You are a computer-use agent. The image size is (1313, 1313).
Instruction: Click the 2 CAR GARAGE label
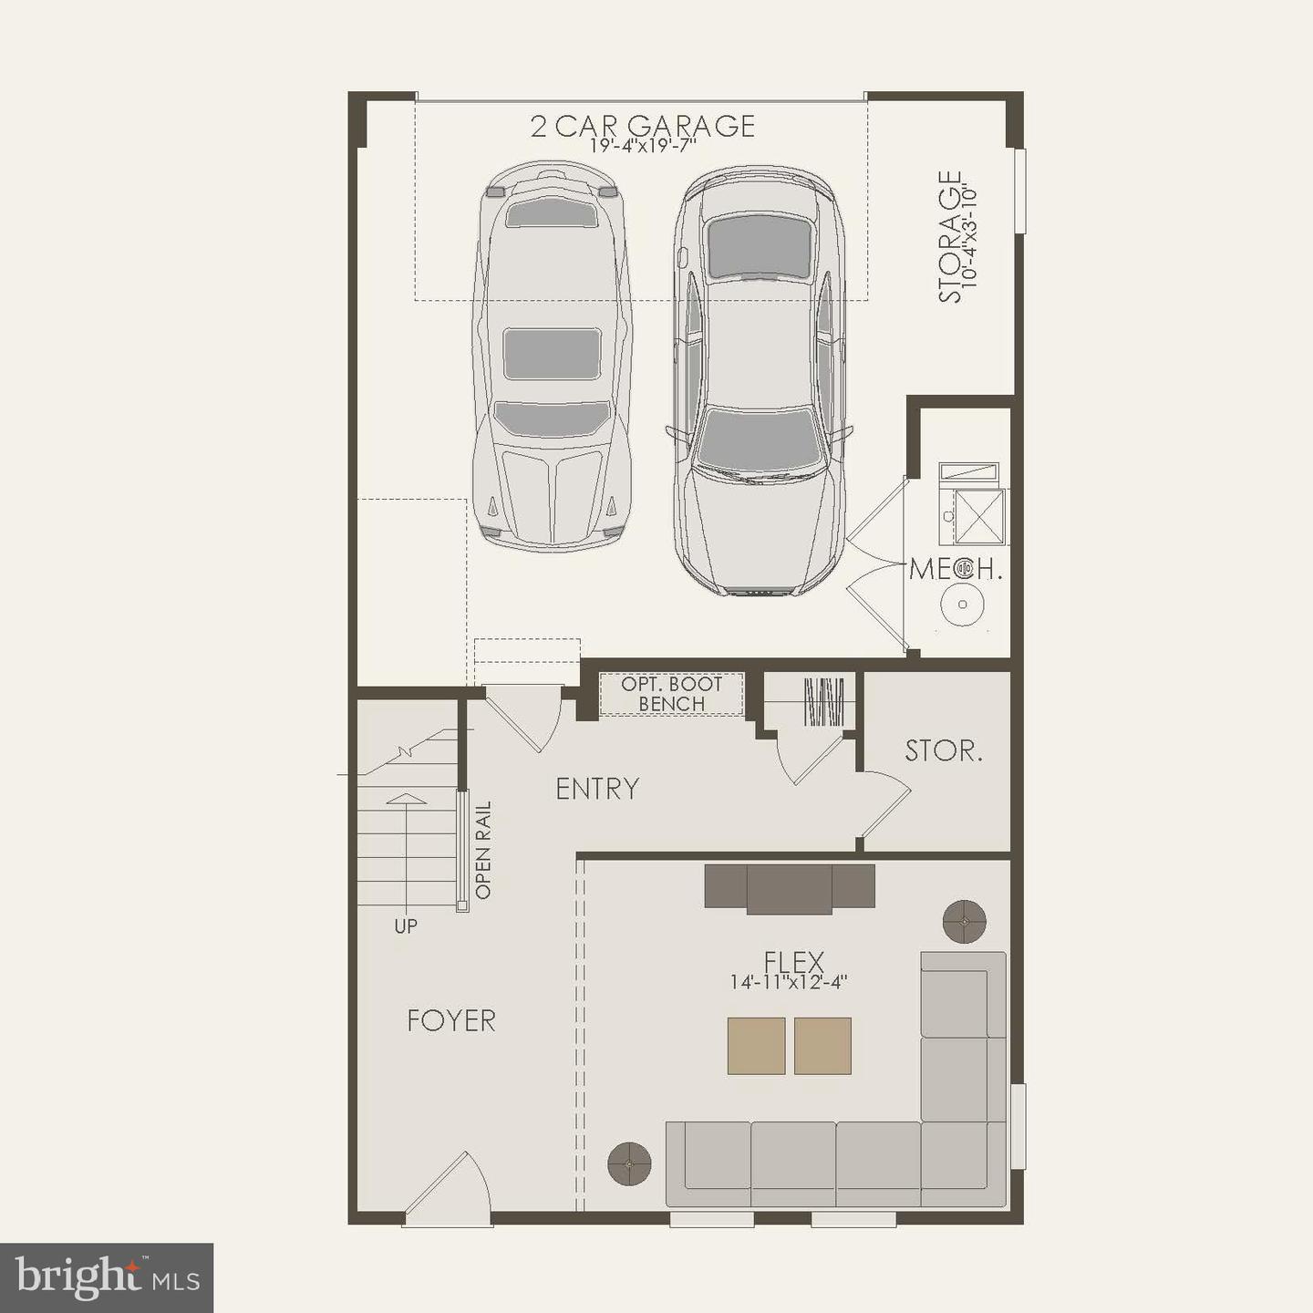tap(643, 125)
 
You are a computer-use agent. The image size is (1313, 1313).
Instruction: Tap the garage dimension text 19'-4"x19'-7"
tap(643, 146)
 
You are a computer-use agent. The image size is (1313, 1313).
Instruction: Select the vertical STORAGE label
tap(950, 237)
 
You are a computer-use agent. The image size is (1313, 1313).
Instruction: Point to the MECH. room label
tap(956, 570)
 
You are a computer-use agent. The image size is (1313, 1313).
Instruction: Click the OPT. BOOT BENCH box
tap(671, 694)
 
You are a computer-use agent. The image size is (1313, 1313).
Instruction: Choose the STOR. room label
tap(944, 751)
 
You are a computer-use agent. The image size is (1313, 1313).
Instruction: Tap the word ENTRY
tap(597, 789)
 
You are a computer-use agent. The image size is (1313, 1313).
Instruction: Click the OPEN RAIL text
tap(483, 850)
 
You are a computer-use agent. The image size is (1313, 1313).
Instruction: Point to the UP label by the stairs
tap(406, 926)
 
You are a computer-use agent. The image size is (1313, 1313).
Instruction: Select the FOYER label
tap(451, 1020)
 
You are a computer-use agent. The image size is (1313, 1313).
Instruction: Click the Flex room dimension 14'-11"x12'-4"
tap(790, 982)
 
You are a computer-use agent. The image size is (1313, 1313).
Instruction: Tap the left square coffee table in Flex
tap(756, 1046)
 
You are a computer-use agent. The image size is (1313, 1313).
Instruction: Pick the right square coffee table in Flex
tap(822, 1046)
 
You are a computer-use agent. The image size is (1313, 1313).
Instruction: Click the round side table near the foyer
tap(629, 1163)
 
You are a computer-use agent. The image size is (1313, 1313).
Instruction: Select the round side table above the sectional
tap(965, 922)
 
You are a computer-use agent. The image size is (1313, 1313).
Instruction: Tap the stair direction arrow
tap(407, 801)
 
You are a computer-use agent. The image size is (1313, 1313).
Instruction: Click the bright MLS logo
tap(107, 1277)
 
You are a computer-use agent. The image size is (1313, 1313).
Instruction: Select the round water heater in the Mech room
tap(962, 604)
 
